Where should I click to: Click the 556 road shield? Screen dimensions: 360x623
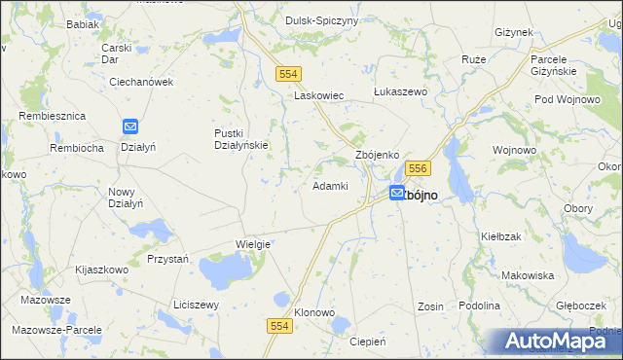(x=419, y=169)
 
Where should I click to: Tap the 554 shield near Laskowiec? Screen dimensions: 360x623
(x=288, y=74)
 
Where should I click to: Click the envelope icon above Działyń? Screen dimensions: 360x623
(x=131, y=126)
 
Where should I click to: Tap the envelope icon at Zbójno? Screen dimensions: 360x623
(x=397, y=194)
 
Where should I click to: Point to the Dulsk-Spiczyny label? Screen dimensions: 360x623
(x=321, y=20)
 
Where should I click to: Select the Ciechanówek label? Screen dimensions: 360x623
(x=140, y=82)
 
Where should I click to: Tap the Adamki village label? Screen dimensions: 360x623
(x=330, y=185)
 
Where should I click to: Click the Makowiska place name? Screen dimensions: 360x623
(x=528, y=275)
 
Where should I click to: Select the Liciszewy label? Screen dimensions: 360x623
(x=196, y=305)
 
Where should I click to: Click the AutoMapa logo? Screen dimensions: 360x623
(x=553, y=342)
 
